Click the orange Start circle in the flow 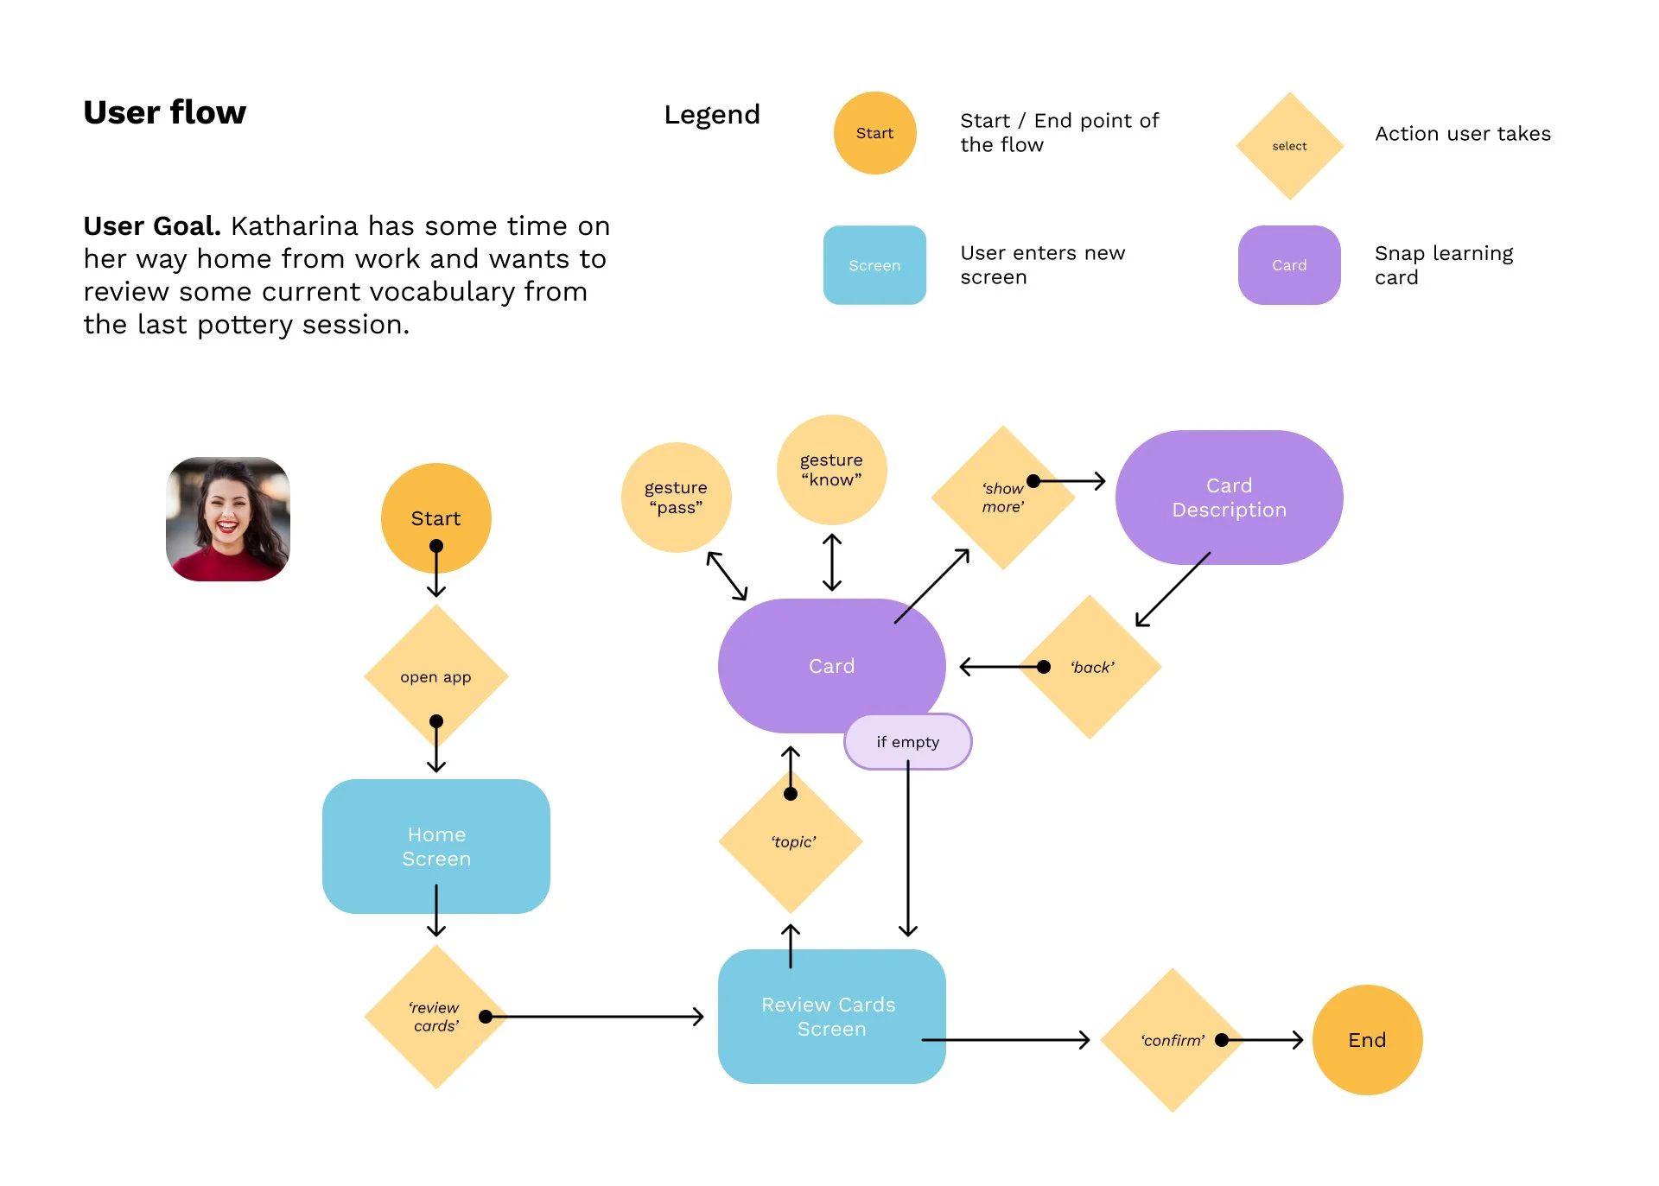[435, 518]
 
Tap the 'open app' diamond [435, 676]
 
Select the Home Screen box [435, 847]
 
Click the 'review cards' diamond [435, 1017]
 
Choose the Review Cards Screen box [831, 1017]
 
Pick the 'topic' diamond [791, 841]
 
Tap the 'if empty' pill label [907, 741]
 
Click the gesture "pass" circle [676, 498]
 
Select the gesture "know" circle [831, 470]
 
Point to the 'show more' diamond [1003, 498]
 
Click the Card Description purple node [1229, 498]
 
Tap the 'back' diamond [1090, 667]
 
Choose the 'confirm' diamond [1173, 1040]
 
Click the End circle [1367, 1040]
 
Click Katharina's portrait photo [228, 519]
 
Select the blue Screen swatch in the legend [874, 265]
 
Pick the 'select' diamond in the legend [1289, 146]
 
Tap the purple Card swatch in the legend [1289, 265]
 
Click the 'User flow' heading [165, 112]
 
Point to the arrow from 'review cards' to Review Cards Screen [594, 1017]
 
